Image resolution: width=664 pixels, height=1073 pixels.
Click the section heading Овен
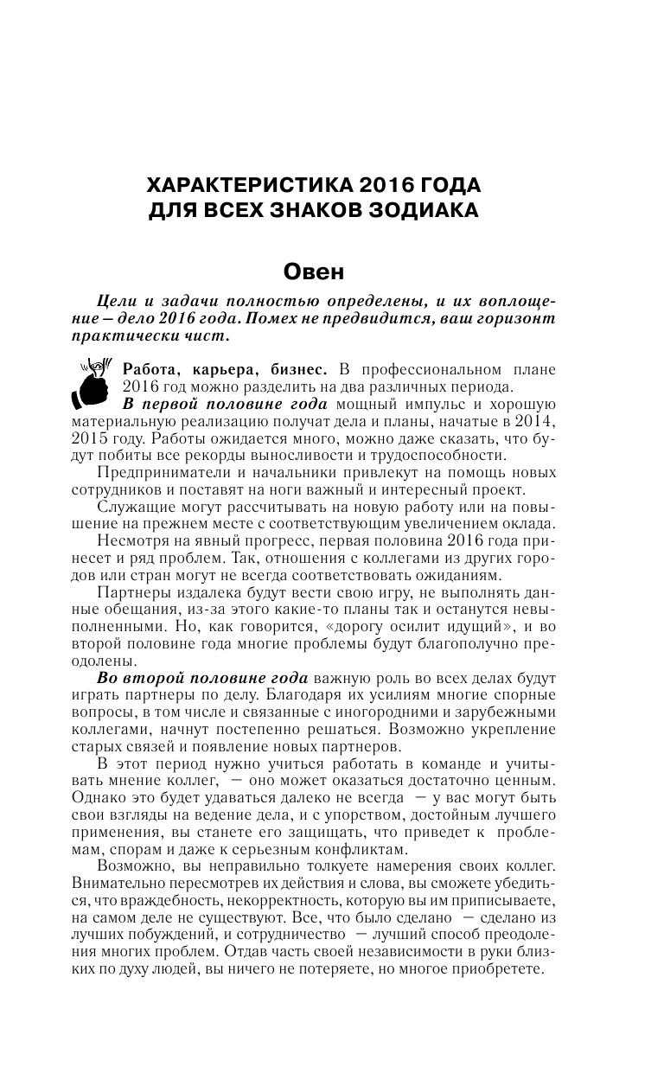click(315, 271)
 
